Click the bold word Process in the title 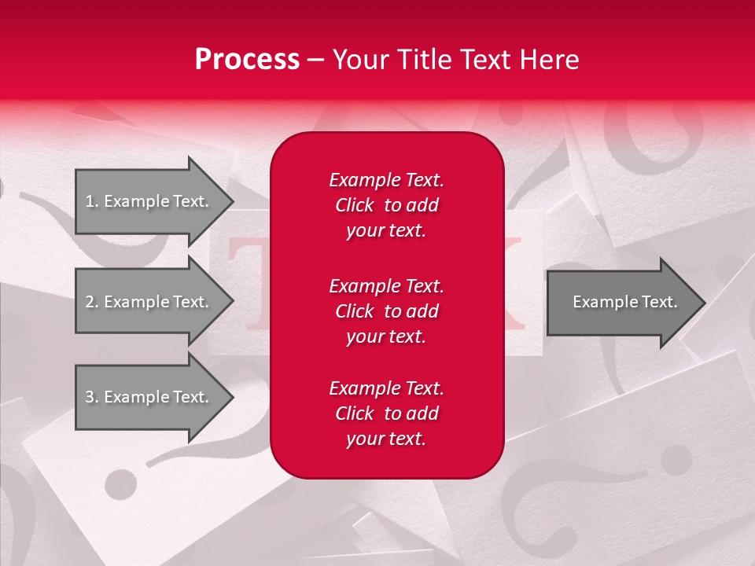[x=247, y=60]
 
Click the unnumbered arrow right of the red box [x=621, y=302]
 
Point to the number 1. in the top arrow [x=91, y=201]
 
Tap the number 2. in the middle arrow [x=91, y=302]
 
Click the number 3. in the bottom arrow [x=91, y=397]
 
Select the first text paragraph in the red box [x=386, y=205]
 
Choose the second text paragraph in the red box [x=386, y=311]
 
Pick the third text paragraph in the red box [x=386, y=413]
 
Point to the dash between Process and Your [x=316, y=60]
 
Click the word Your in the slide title [x=359, y=60]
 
